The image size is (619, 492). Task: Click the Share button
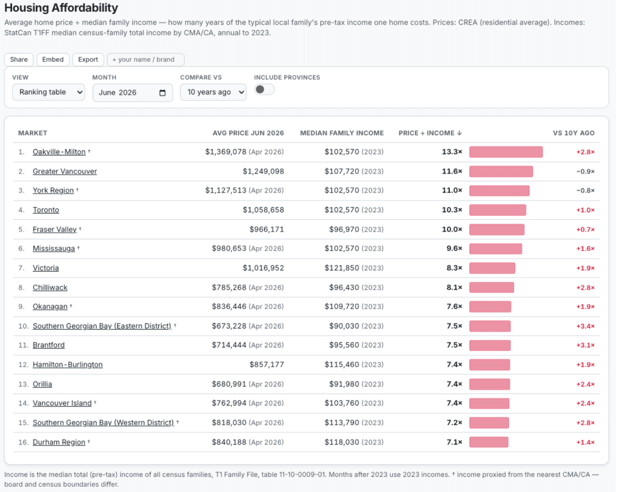pyautogui.click(x=18, y=59)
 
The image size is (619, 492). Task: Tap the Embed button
pyautogui.click(x=53, y=59)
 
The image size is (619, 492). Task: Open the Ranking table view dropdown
pyautogui.click(x=49, y=92)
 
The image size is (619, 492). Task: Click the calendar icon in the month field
pyautogui.click(x=162, y=93)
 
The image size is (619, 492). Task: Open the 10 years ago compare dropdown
pyautogui.click(x=213, y=92)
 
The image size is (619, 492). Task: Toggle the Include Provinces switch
pyautogui.click(x=264, y=90)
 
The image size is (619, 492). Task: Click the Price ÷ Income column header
pyautogui.click(x=430, y=133)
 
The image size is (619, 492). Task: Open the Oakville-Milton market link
pyautogui.click(x=59, y=152)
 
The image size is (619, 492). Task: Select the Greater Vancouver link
pyautogui.click(x=64, y=171)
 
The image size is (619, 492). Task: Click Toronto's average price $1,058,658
pyautogui.click(x=263, y=210)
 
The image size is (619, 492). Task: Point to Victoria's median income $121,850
pyautogui.click(x=342, y=268)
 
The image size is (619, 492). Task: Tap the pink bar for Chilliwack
pyautogui.click(x=491, y=287)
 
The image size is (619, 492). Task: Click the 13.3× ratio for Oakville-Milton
pyautogui.click(x=452, y=152)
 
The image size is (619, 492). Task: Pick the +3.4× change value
pyautogui.click(x=586, y=326)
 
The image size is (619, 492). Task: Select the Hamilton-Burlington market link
pyautogui.click(x=68, y=364)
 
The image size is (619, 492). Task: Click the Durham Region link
pyautogui.click(x=59, y=442)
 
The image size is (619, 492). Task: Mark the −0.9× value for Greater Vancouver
pyautogui.click(x=586, y=171)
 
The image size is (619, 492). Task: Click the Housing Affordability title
pyautogui.click(x=61, y=8)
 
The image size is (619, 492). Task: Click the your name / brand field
pyautogui.click(x=146, y=59)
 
